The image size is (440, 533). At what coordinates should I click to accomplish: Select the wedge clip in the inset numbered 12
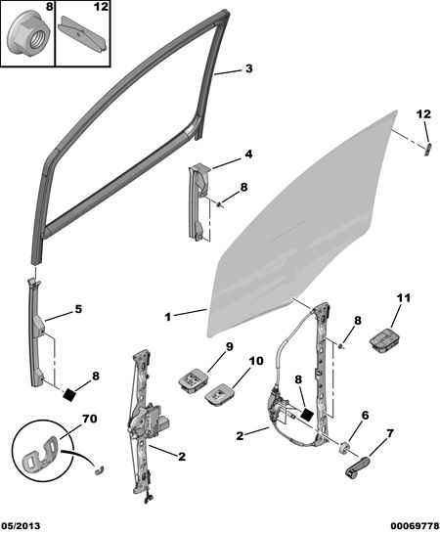click(x=83, y=34)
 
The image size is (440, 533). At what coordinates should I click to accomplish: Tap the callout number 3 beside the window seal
click(x=249, y=68)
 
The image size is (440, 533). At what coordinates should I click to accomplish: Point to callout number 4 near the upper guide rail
click(x=249, y=155)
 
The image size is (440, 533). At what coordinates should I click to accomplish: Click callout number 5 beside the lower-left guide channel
click(x=78, y=309)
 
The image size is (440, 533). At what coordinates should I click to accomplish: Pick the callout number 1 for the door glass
click(x=168, y=317)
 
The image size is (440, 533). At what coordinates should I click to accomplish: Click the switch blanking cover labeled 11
click(x=385, y=341)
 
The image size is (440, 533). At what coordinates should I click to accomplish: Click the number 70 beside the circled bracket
click(x=89, y=419)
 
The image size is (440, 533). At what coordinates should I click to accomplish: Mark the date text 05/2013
click(x=21, y=526)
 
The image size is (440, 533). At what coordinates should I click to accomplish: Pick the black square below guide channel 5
click(x=69, y=394)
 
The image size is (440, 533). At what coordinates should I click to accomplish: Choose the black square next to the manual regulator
click(x=307, y=414)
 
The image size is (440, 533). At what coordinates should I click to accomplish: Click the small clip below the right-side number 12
click(x=428, y=149)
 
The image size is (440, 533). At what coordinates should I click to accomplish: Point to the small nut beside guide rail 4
click(x=221, y=203)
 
